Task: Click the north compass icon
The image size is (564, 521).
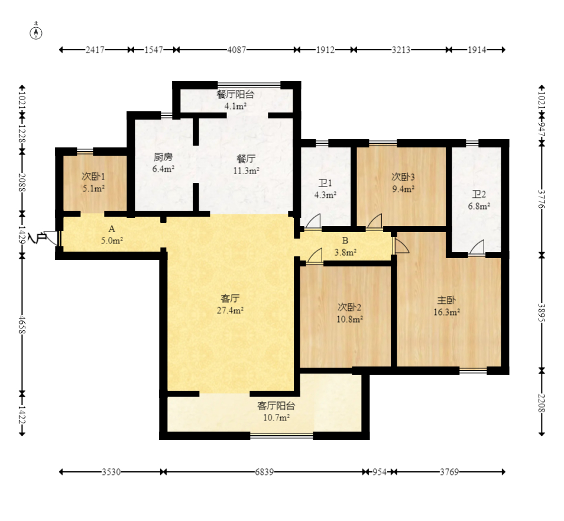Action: [x=36, y=33]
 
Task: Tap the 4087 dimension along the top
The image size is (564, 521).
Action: [x=236, y=50]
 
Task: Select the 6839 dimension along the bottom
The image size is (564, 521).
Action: [x=264, y=472]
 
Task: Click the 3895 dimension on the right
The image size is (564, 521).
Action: [x=542, y=313]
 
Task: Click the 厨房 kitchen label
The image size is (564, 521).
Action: [x=163, y=157]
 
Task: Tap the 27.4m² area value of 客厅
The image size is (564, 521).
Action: [x=230, y=310]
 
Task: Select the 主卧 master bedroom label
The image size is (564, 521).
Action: [x=446, y=300]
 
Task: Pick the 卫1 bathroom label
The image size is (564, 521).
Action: [x=325, y=184]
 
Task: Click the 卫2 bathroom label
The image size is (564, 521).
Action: [x=479, y=195]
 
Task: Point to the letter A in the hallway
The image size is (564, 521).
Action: [x=112, y=229]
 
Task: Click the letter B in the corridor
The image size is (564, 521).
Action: [x=345, y=240]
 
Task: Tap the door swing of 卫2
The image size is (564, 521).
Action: [x=477, y=247]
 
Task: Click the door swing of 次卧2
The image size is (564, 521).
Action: [x=315, y=256]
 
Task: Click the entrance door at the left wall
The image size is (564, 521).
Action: [x=51, y=238]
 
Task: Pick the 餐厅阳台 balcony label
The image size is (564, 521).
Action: [x=235, y=95]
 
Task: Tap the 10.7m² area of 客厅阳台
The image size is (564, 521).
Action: [x=277, y=417]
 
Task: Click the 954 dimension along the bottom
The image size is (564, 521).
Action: [x=380, y=472]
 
